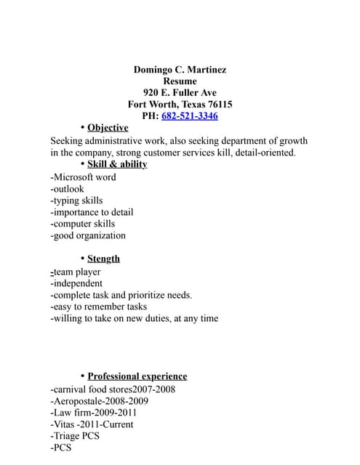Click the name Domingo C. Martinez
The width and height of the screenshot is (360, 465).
point(180,70)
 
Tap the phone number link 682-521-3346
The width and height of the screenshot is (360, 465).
point(190,116)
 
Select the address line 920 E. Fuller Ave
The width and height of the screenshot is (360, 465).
point(180,93)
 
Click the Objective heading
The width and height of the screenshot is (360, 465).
point(108,128)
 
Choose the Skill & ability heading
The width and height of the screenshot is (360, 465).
point(117,164)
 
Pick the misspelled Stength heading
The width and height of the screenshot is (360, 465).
point(103,259)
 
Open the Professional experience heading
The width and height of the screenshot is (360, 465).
point(137,376)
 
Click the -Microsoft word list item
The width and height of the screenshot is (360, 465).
point(83,177)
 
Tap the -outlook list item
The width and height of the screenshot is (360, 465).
point(68,189)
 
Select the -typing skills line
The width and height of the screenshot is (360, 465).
point(76,201)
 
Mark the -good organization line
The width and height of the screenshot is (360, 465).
point(88,235)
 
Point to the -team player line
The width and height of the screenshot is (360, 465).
point(76,272)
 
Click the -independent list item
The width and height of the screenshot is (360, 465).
point(76,283)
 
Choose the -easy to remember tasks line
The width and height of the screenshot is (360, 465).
point(99,307)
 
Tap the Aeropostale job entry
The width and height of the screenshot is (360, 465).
point(99,401)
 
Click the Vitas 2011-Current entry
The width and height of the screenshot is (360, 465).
point(92,424)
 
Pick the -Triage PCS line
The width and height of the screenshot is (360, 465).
point(75,436)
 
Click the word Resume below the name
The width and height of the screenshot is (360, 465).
point(180,81)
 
